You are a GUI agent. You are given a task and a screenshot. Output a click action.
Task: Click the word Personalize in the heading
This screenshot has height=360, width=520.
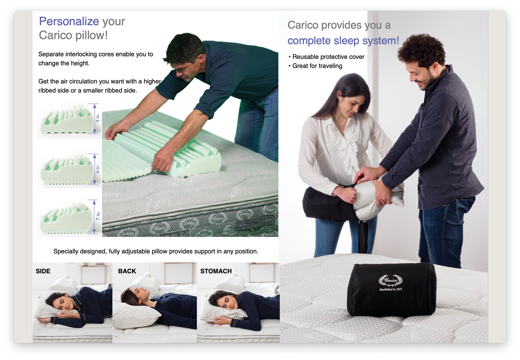coord(69,22)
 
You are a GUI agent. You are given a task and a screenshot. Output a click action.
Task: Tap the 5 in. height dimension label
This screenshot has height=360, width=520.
coord(98,118)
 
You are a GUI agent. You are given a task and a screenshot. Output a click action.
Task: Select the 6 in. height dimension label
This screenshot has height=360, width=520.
coord(98,169)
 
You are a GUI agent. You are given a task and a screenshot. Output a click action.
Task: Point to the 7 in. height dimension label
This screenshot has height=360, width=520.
coord(98,216)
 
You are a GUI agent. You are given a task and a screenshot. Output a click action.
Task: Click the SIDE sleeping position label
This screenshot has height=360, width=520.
coord(43,271)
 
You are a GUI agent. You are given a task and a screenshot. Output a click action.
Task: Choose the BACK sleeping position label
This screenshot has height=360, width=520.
coord(127,271)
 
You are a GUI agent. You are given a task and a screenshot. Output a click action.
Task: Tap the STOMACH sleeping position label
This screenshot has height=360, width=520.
coord(216,271)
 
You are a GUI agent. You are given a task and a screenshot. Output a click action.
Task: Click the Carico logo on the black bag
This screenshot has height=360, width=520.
coord(390,281)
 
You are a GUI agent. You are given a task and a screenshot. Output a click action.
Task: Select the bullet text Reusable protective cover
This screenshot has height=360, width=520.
coord(328,57)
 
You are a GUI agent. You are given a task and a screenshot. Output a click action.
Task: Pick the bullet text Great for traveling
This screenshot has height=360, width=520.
coord(317,66)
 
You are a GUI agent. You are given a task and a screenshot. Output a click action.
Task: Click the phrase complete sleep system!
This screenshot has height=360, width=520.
coord(343,41)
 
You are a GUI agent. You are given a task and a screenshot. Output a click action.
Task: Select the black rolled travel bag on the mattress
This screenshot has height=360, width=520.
coord(391,290)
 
